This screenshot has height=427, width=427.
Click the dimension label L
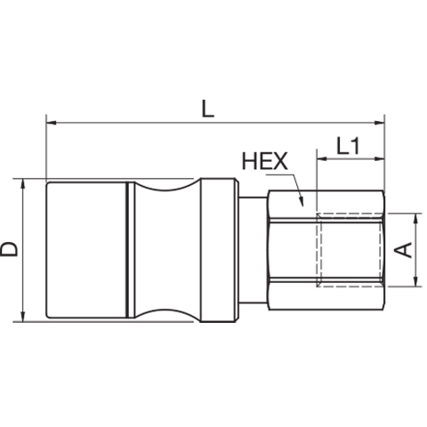pyautogui.click(x=207, y=109)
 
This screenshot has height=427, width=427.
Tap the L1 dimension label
pyautogui.click(x=348, y=146)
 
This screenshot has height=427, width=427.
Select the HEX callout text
pyautogui.click(x=265, y=161)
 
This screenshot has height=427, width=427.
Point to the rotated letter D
pyautogui.click(x=9, y=249)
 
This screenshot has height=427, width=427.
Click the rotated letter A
pyautogui.click(x=403, y=250)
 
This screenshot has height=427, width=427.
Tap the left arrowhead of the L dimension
pyautogui.click(x=52, y=123)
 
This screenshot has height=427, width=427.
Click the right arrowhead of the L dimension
pyautogui.click(x=380, y=123)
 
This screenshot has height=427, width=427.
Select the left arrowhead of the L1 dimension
pyautogui.click(x=322, y=159)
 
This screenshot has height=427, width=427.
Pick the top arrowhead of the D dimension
pyautogui.click(x=23, y=184)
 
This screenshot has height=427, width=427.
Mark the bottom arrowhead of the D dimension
pyautogui.click(x=23, y=317)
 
